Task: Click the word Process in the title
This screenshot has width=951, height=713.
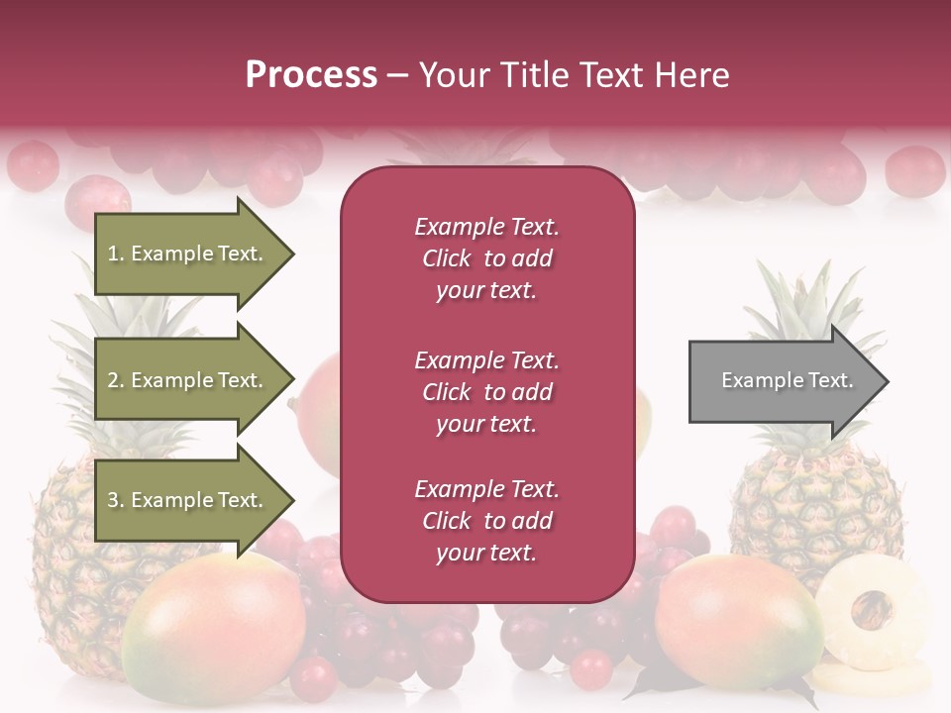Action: [x=311, y=75]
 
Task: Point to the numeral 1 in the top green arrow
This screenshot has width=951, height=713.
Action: [x=113, y=254]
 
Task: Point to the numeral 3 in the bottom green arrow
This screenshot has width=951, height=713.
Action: [x=113, y=500]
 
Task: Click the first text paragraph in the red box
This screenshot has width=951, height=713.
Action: [x=486, y=258]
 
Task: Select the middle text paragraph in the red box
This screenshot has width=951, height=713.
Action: [x=486, y=392]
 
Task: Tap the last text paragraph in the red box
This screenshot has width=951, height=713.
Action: [x=486, y=521]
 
